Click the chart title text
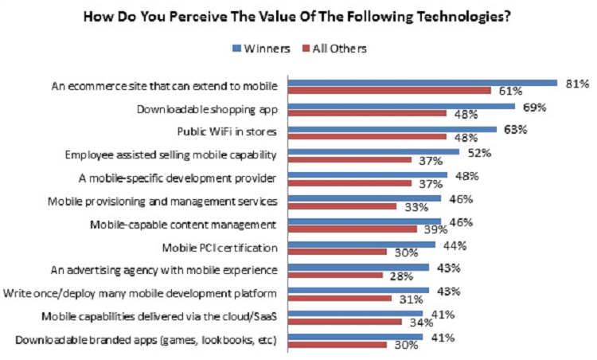pos(298,14)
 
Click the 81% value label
pos(576,83)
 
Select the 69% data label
pos(534,106)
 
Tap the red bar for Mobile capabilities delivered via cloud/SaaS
pos(345,323)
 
